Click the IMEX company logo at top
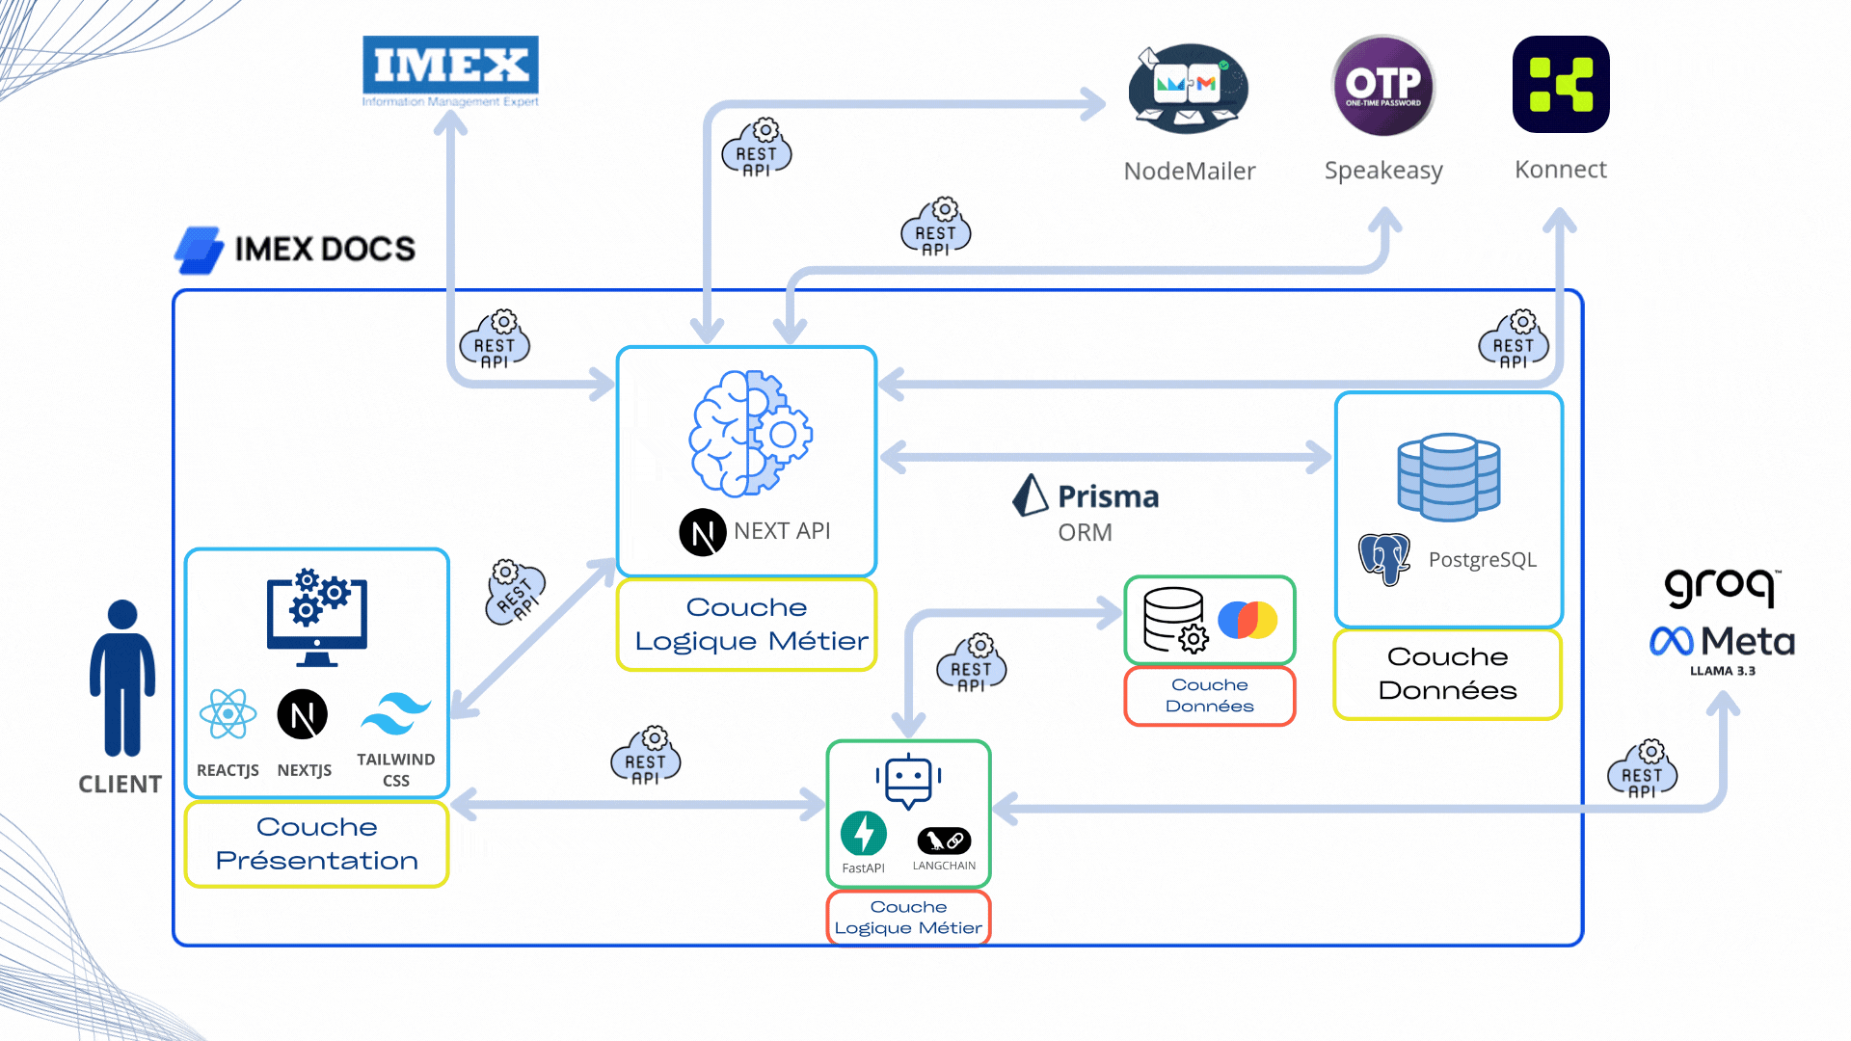click(x=450, y=69)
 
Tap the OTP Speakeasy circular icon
click(x=1383, y=86)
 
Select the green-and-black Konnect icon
click(x=1561, y=85)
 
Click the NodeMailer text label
click(x=1189, y=172)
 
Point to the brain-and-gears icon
click(x=750, y=434)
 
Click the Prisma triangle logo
click(x=1030, y=495)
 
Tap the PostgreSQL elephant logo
click(x=1384, y=558)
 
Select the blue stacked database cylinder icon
click(x=1448, y=477)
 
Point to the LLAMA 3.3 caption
click(x=1722, y=671)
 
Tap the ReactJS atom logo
click(x=228, y=714)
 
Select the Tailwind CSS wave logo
click(x=395, y=715)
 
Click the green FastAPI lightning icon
click(x=863, y=834)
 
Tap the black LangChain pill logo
click(x=944, y=841)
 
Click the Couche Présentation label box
click(x=316, y=843)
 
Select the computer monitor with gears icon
click(x=317, y=618)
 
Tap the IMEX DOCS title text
click(x=324, y=250)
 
